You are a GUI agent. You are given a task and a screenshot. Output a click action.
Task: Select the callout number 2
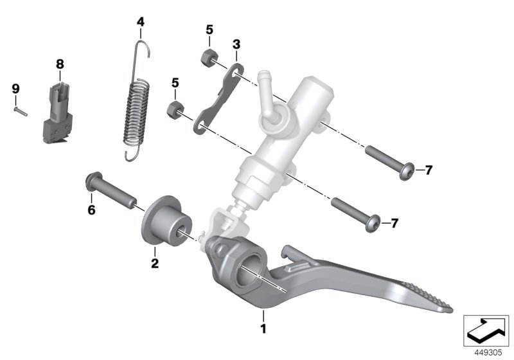tap(154, 263)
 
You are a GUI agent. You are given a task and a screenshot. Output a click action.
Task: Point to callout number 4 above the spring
tap(141, 22)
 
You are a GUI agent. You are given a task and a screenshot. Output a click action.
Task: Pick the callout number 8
tap(60, 64)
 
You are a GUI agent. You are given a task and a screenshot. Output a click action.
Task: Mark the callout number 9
tap(16, 87)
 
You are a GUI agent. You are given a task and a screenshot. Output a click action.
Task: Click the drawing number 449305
tap(488, 350)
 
